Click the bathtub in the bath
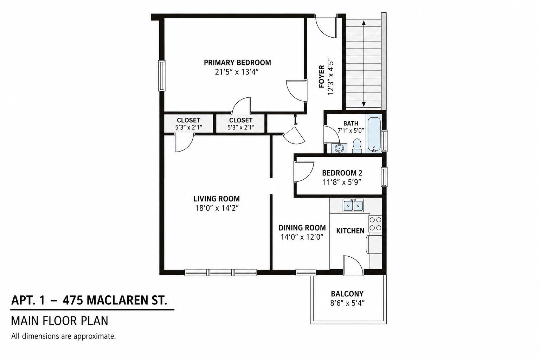click(x=374, y=134)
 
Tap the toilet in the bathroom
click(x=357, y=146)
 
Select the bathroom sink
click(x=339, y=148)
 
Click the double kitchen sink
click(x=353, y=205)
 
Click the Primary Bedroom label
click(x=237, y=63)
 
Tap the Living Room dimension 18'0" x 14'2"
click(x=217, y=208)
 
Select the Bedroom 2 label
click(x=342, y=173)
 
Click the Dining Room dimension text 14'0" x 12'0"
click(x=302, y=237)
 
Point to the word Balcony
click(x=347, y=294)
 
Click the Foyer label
click(x=321, y=76)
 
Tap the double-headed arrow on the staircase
click(x=364, y=63)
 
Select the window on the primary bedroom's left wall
click(x=161, y=76)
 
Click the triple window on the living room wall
click(x=220, y=272)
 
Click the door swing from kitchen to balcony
click(x=353, y=265)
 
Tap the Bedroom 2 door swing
click(x=303, y=172)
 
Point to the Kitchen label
click(x=350, y=231)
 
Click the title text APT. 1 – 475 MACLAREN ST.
click(x=89, y=301)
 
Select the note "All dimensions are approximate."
click(x=63, y=336)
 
